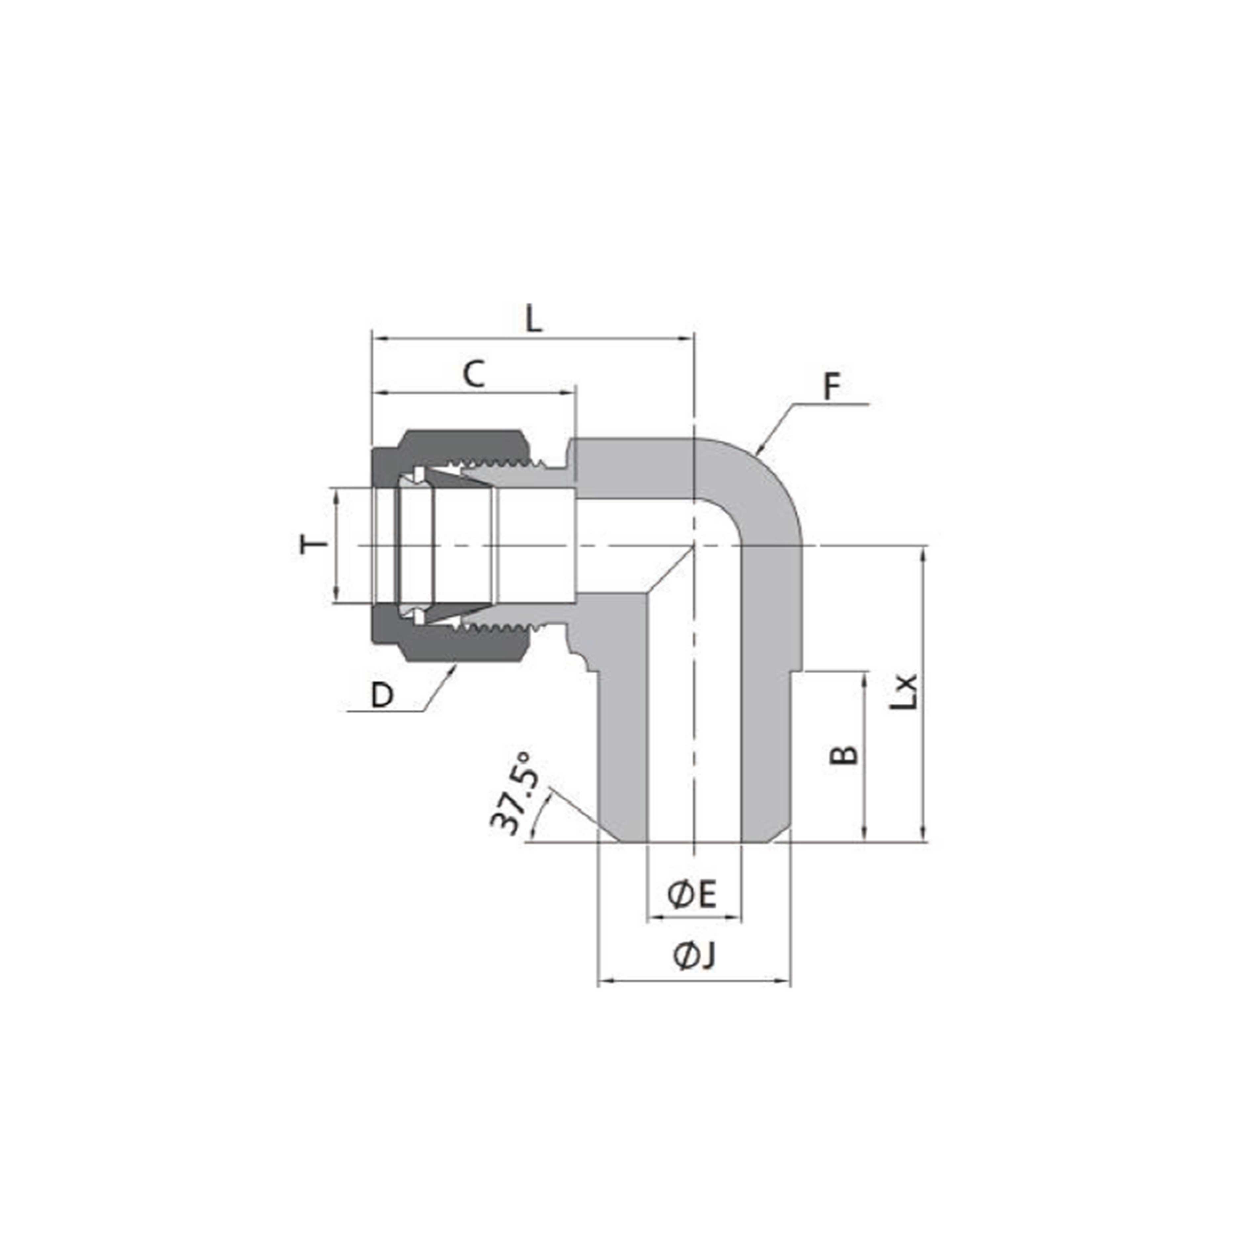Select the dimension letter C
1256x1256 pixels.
pos(474,375)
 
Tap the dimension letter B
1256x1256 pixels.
pos(844,755)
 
